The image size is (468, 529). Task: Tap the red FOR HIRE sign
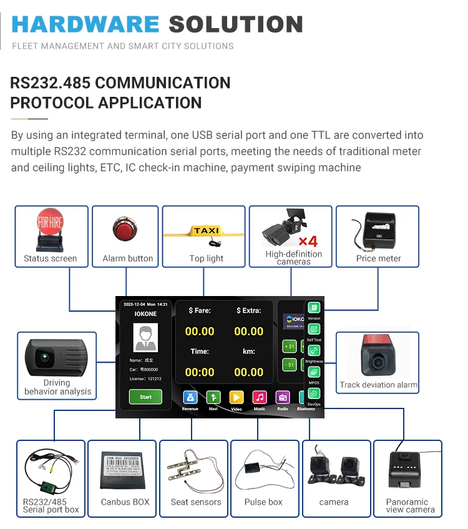tap(51, 222)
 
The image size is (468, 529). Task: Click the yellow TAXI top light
tap(206, 230)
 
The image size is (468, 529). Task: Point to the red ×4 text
tap(308, 241)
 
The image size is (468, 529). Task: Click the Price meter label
tap(378, 259)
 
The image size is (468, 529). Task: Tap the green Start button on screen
tap(145, 397)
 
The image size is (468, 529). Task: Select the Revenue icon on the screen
tap(190, 397)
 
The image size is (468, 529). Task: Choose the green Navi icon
tap(213, 397)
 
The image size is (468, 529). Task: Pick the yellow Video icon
tap(236, 397)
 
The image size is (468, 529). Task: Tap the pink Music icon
tap(260, 397)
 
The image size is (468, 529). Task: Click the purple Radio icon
tap(283, 397)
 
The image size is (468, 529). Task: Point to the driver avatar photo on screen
tap(145, 337)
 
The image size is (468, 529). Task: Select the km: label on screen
tap(248, 352)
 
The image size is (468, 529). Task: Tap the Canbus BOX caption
tap(125, 502)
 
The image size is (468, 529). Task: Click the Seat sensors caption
tap(195, 502)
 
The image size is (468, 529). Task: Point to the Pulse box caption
tap(263, 502)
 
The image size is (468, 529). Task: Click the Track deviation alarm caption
tap(378, 385)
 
